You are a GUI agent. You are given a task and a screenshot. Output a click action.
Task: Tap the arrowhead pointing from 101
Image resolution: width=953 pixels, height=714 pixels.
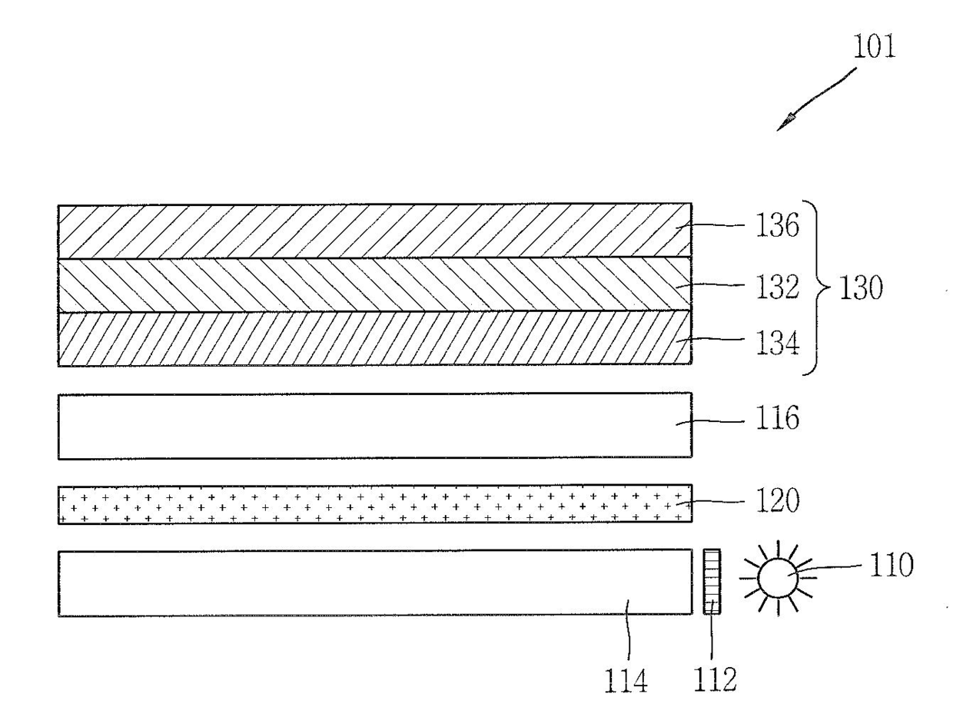click(788, 121)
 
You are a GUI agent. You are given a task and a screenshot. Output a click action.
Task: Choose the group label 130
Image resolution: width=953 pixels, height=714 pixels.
click(860, 289)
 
